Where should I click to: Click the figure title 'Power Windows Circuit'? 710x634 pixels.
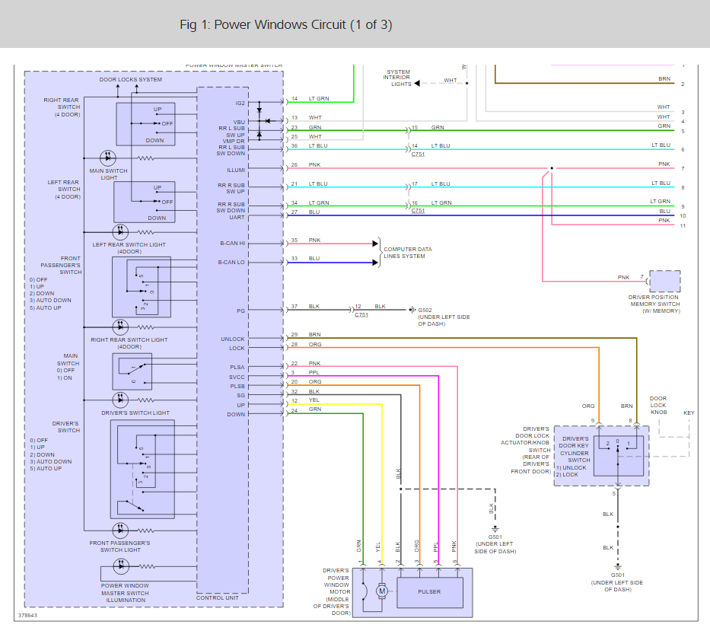[x=286, y=24]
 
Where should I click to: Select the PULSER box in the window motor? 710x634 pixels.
[x=429, y=591]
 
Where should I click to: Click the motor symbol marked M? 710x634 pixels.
[x=383, y=591]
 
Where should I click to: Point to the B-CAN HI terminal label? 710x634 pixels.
[x=232, y=244]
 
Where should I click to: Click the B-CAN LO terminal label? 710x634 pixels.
[x=232, y=263]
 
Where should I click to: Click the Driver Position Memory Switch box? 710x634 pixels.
[x=664, y=281]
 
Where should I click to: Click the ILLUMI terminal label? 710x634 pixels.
[x=236, y=169]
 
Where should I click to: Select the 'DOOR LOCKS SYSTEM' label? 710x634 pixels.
[x=130, y=80]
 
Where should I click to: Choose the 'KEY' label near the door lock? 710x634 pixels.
[x=689, y=413]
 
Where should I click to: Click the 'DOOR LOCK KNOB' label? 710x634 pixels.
[x=657, y=405]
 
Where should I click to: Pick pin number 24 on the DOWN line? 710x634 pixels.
[x=294, y=411]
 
